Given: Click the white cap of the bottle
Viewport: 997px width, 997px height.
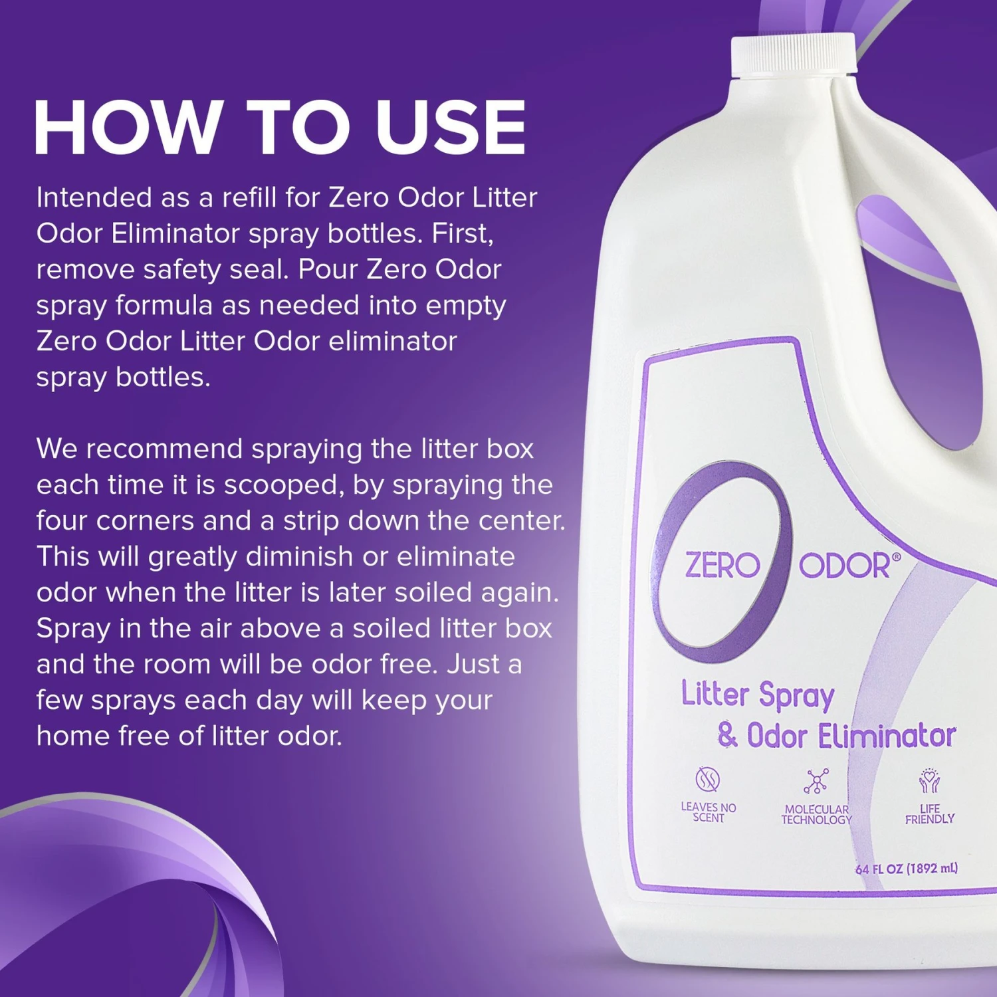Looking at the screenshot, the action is [793, 55].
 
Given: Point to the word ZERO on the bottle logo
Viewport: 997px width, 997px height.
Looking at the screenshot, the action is [722, 566].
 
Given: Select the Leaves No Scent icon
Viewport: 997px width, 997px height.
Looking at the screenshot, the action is [708, 779].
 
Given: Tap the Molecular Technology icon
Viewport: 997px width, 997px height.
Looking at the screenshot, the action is [816, 781].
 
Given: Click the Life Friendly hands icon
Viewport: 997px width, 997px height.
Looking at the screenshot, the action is [929, 781].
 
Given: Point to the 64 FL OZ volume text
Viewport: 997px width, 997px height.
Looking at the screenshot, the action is [907, 869].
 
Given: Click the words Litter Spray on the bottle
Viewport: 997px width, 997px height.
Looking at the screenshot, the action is [758, 695].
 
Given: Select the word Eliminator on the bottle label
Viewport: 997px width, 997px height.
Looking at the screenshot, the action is [887, 736].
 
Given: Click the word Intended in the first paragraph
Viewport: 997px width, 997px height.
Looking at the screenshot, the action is [94, 197].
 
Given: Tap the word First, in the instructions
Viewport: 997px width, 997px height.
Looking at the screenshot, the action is [463, 234].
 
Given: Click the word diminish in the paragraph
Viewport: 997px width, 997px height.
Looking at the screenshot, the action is [298, 557].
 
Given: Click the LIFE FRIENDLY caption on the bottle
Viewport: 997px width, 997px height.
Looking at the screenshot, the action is [930, 814].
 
